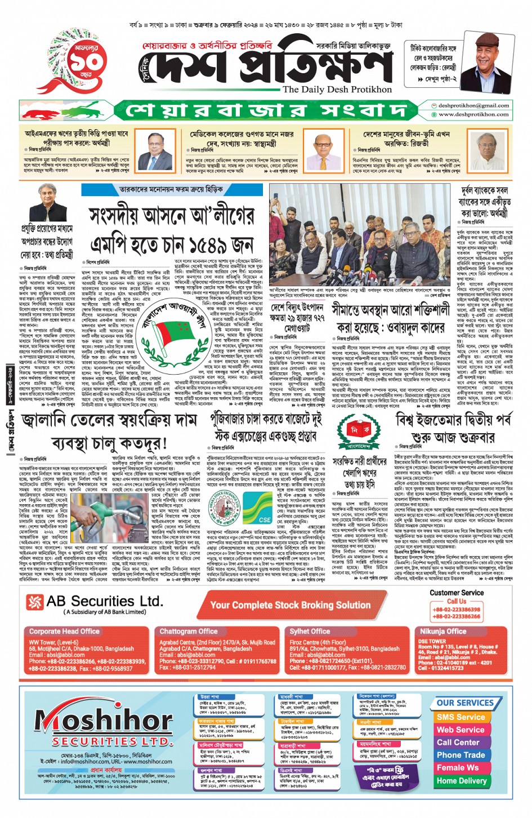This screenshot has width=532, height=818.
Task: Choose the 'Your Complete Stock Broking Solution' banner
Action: pyautogui.click(x=290, y=605)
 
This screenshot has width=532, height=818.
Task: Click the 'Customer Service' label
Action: pyautogui.click(x=457, y=593)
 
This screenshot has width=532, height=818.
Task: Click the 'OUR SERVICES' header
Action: pyautogui.click(x=464, y=703)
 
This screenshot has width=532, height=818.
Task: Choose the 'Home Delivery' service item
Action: pyautogui.click(x=461, y=781)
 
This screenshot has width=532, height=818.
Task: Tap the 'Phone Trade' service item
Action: pyautogui.click(x=461, y=755)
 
